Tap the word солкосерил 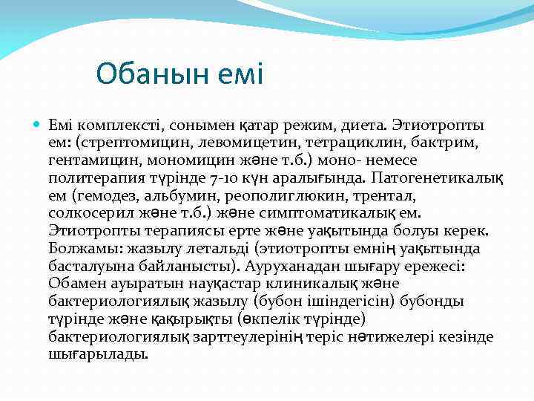84,214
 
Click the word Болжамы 82,250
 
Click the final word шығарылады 98,355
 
